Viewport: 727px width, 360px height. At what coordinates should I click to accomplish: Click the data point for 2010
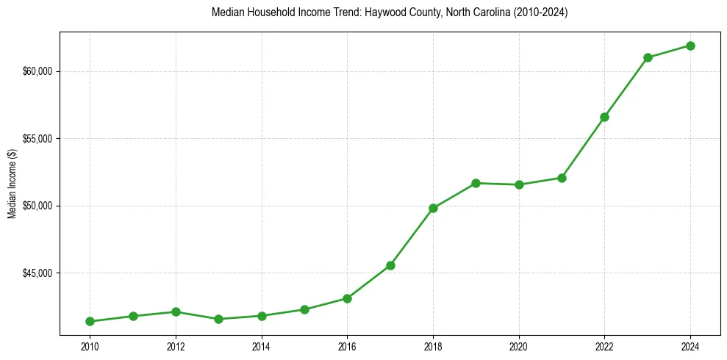click(x=90, y=321)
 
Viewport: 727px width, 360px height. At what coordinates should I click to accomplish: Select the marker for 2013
click(x=218, y=319)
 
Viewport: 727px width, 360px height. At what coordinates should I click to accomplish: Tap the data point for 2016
click(x=347, y=298)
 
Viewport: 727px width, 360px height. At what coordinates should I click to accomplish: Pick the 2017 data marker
click(x=390, y=265)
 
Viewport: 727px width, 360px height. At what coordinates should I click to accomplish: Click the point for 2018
click(x=433, y=208)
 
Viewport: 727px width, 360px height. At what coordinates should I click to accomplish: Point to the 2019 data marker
click(x=476, y=183)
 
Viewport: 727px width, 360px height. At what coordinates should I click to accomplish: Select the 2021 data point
click(x=562, y=178)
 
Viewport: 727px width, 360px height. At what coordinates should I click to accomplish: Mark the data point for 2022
click(x=604, y=117)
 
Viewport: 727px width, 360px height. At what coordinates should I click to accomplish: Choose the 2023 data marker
click(x=648, y=57)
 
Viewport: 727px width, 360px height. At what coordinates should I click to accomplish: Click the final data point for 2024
click(x=690, y=46)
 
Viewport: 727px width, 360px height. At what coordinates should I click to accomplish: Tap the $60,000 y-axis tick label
click(x=37, y=71)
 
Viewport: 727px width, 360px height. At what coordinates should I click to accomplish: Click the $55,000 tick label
click(x=37, y=138)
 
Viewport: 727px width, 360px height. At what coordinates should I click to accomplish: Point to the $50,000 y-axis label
click(x=37, y=206)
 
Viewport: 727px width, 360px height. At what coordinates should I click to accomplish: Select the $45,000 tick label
click(x=37, y=273)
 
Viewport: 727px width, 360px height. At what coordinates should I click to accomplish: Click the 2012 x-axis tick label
click(x=176, y=346)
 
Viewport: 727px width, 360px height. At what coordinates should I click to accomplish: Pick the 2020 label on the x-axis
click(x=519, y=346)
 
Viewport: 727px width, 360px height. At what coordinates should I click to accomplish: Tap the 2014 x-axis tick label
click(x=262, y=346)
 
